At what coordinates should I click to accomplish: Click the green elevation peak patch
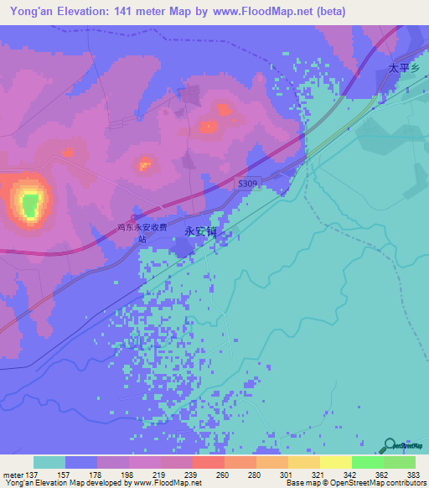pyautogui.click(x=30, y=204)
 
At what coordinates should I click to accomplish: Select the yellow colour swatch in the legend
pyautogui.click(x=335, y=462)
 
